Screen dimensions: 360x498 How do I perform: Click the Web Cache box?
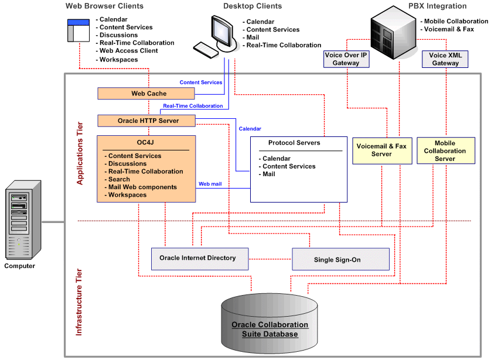tap(148, 94)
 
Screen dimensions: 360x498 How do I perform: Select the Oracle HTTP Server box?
tap(146, 121)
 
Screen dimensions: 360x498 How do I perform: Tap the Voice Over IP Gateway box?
tap(346, 59)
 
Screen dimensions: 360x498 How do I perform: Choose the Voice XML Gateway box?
tap(445, 59)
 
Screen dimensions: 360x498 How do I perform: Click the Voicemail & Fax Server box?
tap(381, 150)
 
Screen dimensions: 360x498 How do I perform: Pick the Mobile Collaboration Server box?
tap(445, 150)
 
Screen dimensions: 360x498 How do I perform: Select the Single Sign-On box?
tap(340, 259)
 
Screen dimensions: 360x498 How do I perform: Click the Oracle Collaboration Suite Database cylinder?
tap(270, 328)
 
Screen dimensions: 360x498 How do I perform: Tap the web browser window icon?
tap(77, 30)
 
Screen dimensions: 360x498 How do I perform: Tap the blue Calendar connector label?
tap(250, 129)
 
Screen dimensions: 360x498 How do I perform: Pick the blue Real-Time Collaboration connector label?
tap(193, 106)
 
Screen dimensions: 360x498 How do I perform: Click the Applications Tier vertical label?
tap(80, 153)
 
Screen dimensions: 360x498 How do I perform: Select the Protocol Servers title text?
tap(294, 143)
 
